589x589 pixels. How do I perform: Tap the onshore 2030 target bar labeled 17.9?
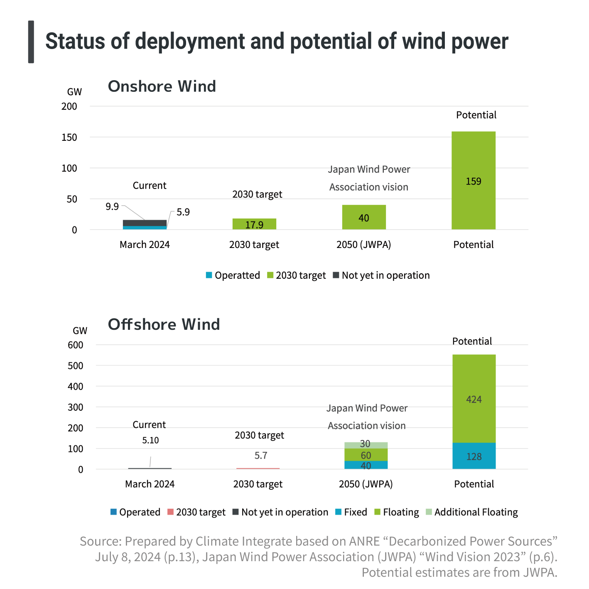tap(254, 224)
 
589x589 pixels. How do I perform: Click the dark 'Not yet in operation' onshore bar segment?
tap(145, 223)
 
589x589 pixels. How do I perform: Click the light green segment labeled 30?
tap(366, 445)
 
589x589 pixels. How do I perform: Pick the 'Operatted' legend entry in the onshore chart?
tap(233, 275)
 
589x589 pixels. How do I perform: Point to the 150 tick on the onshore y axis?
tap(69, 137)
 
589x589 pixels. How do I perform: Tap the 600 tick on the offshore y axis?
tap(75, 345)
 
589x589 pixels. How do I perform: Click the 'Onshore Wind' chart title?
tap(162, 86)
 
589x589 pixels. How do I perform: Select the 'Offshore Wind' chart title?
tap(164, 324)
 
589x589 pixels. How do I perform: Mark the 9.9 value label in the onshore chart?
tap(112, 206)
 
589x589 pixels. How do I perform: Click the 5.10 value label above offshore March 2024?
tap(150, 440)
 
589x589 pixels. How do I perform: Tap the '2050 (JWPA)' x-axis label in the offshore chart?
tap(366, 484)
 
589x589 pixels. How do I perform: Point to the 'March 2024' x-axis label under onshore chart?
tap(145, 245)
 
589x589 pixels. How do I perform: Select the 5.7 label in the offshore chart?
tap(261, 456)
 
